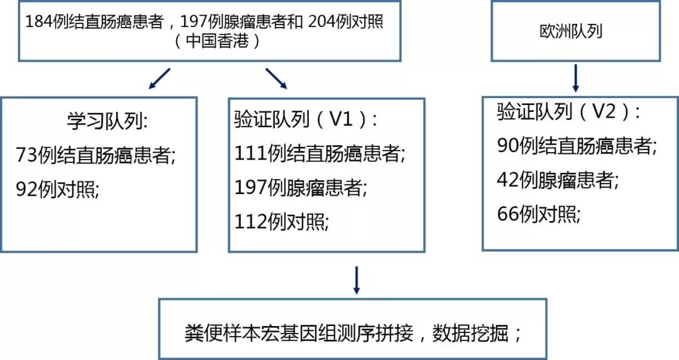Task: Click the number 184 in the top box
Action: coord(39,21)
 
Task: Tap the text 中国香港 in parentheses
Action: coord(218,41)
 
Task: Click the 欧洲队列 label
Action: coord(571,31)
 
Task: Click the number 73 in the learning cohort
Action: coord(27,155)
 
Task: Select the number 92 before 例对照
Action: coord(27,189)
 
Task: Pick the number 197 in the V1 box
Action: coord(250,187)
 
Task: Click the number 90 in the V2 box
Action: coord(507,145)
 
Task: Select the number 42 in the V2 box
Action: coord(507,180)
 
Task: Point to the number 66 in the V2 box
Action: coord(507,214)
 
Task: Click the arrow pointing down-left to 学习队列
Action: coord(159,79)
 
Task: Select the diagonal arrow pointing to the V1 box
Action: coord(276,79)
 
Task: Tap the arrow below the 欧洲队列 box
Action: coord(575,79)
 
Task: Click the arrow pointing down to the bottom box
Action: coord(356,280)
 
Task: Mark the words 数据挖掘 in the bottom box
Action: coord(470,333)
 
